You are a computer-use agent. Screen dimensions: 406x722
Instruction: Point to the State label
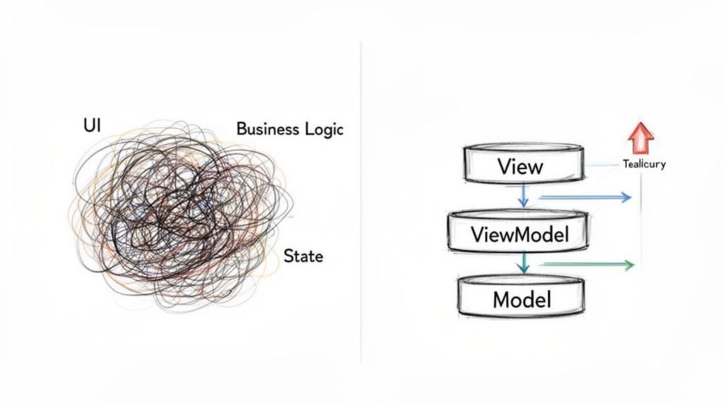point(302,256)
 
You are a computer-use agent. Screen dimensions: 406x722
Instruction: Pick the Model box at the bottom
point(522,299)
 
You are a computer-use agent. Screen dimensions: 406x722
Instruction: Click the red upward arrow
point(640,138)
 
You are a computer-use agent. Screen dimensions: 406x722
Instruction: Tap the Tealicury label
point(644,164)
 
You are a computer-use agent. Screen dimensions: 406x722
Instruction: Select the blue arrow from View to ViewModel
point(523,195)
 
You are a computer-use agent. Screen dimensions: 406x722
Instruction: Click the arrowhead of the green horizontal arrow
point(629,265)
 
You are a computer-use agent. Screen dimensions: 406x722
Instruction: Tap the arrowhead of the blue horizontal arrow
point(625,197)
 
